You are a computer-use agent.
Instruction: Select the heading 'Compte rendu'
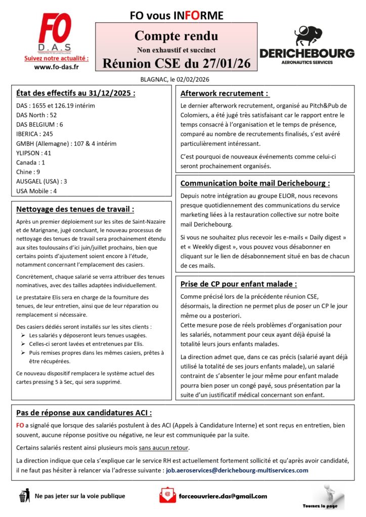176,36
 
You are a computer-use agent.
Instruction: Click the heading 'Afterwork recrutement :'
224,93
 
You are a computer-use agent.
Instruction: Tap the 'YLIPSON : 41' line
33,153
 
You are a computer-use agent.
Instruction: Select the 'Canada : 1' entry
30,162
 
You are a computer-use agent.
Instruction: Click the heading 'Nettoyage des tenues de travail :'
75,209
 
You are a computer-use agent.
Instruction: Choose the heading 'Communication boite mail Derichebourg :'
255,183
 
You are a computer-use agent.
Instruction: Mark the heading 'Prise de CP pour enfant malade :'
239,284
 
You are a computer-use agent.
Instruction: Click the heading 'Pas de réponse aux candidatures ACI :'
84,412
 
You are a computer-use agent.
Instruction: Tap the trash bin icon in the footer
23,496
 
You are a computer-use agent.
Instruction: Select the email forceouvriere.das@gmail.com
223,496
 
